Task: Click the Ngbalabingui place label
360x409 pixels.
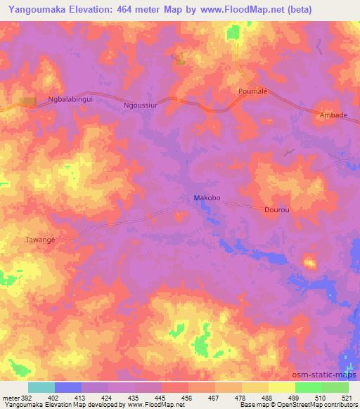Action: [x=70, y=100]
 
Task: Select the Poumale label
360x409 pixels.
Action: [x=253, y=92]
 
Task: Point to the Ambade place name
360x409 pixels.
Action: [x=333, y=115]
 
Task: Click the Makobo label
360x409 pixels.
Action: [x=207, y=198]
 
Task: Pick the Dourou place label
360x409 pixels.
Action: [x=276, y=209]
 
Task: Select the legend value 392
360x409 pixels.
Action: [x=22, y=397]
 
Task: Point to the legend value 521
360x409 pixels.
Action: [x=349, y=397]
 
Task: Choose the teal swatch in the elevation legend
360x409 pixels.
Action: [x=41, y=387]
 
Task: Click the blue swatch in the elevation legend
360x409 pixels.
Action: [x=67, y=387]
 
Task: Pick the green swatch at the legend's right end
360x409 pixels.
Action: [x=335, y=387]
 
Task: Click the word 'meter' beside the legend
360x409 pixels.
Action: [x=9, y=397]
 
